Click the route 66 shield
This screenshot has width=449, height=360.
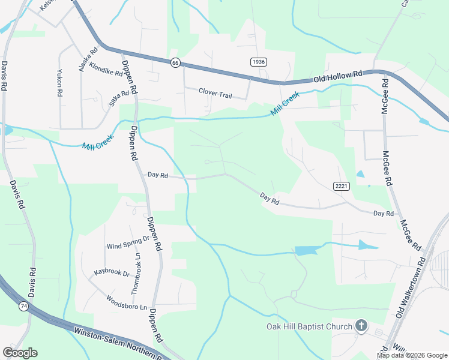click(175, 62)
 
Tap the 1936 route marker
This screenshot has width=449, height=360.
click(259, 62)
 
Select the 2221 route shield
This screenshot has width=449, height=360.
click(342, 187)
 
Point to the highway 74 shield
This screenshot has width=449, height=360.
click(23, 307)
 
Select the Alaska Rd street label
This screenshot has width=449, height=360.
click(85, 60)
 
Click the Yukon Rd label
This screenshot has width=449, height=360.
click(59, 85)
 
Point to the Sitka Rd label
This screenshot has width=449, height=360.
click(119, 98)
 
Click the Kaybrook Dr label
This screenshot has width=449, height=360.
click(112, 272)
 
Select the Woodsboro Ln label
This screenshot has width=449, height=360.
click(127, 302)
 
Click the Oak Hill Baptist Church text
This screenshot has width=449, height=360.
click(309, 326)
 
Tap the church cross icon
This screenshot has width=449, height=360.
click(361, 326)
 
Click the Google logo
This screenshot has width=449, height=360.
click(20, 353)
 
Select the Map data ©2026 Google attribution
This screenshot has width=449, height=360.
click(412, 355)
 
